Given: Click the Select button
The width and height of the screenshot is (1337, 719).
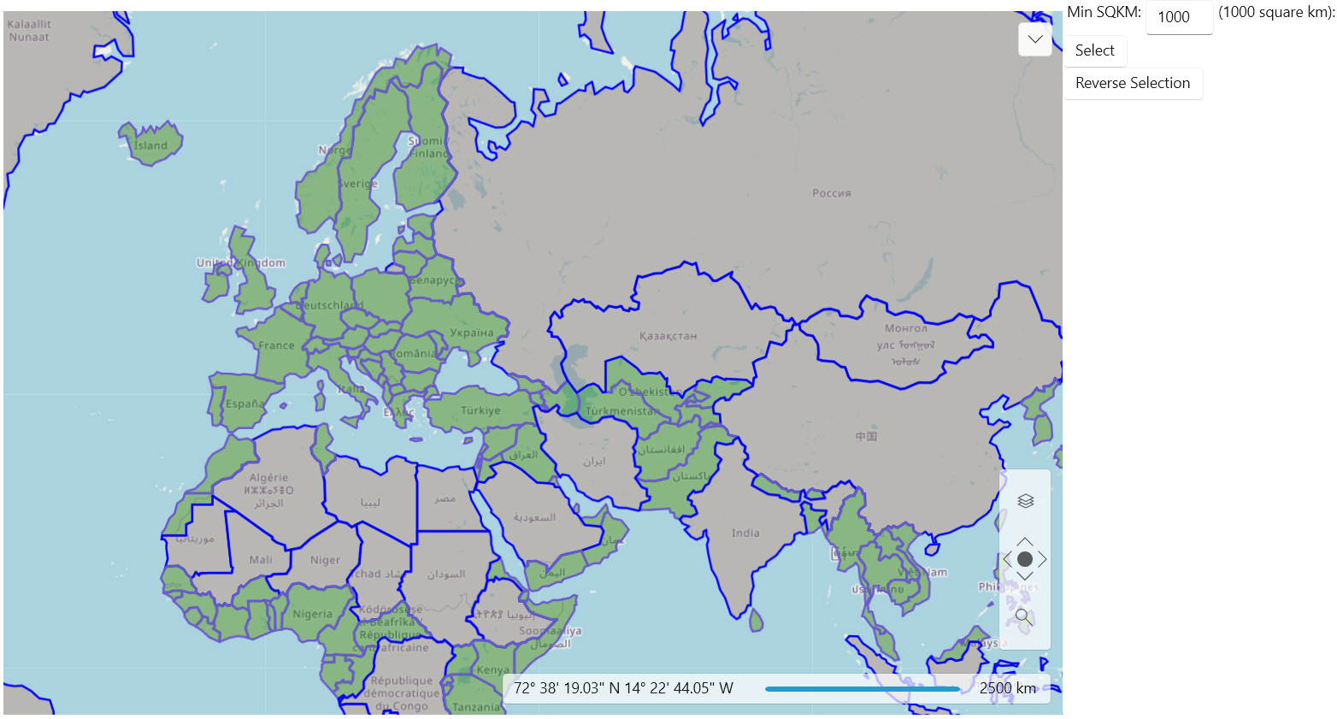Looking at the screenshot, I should [x=1094, y=50].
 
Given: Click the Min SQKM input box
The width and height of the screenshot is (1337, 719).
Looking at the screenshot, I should [x=1178, y=17].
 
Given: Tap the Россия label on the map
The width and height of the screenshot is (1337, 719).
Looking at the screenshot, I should [x=831, y=193].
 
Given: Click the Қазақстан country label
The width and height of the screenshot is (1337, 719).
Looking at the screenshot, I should [x=668, y=336].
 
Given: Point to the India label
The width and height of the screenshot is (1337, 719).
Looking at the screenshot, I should [x=745, y=533].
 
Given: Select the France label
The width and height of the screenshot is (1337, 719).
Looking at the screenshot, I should [x=276, y=345].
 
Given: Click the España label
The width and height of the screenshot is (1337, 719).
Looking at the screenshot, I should [x=245, y=404].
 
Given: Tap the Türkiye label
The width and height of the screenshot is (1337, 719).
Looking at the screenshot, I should [x=480, y=410].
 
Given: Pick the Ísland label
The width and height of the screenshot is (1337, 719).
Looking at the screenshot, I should [x=150, y=145].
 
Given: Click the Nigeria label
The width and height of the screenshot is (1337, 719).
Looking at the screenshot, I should [x=312, y=614].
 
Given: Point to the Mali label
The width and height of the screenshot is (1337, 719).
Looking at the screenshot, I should [x=261, y=560].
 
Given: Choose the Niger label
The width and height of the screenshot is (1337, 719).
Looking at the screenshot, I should [x=325, y=560].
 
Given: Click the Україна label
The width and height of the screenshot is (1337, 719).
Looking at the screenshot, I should [x=471, y=333].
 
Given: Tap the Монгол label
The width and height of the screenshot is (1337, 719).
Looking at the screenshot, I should [x=906, y=328].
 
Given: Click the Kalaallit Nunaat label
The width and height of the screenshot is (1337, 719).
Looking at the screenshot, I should [x=29, y=31].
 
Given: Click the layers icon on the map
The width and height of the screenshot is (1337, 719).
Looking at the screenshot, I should [x=1025, y=501].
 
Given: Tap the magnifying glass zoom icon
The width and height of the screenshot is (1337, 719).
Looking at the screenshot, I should [x=1023, y=616].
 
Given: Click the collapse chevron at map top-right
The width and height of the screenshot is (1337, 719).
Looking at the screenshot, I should [x=1034, y=39].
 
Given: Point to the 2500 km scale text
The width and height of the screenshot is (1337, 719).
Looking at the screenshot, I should [x=1007, y=688].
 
